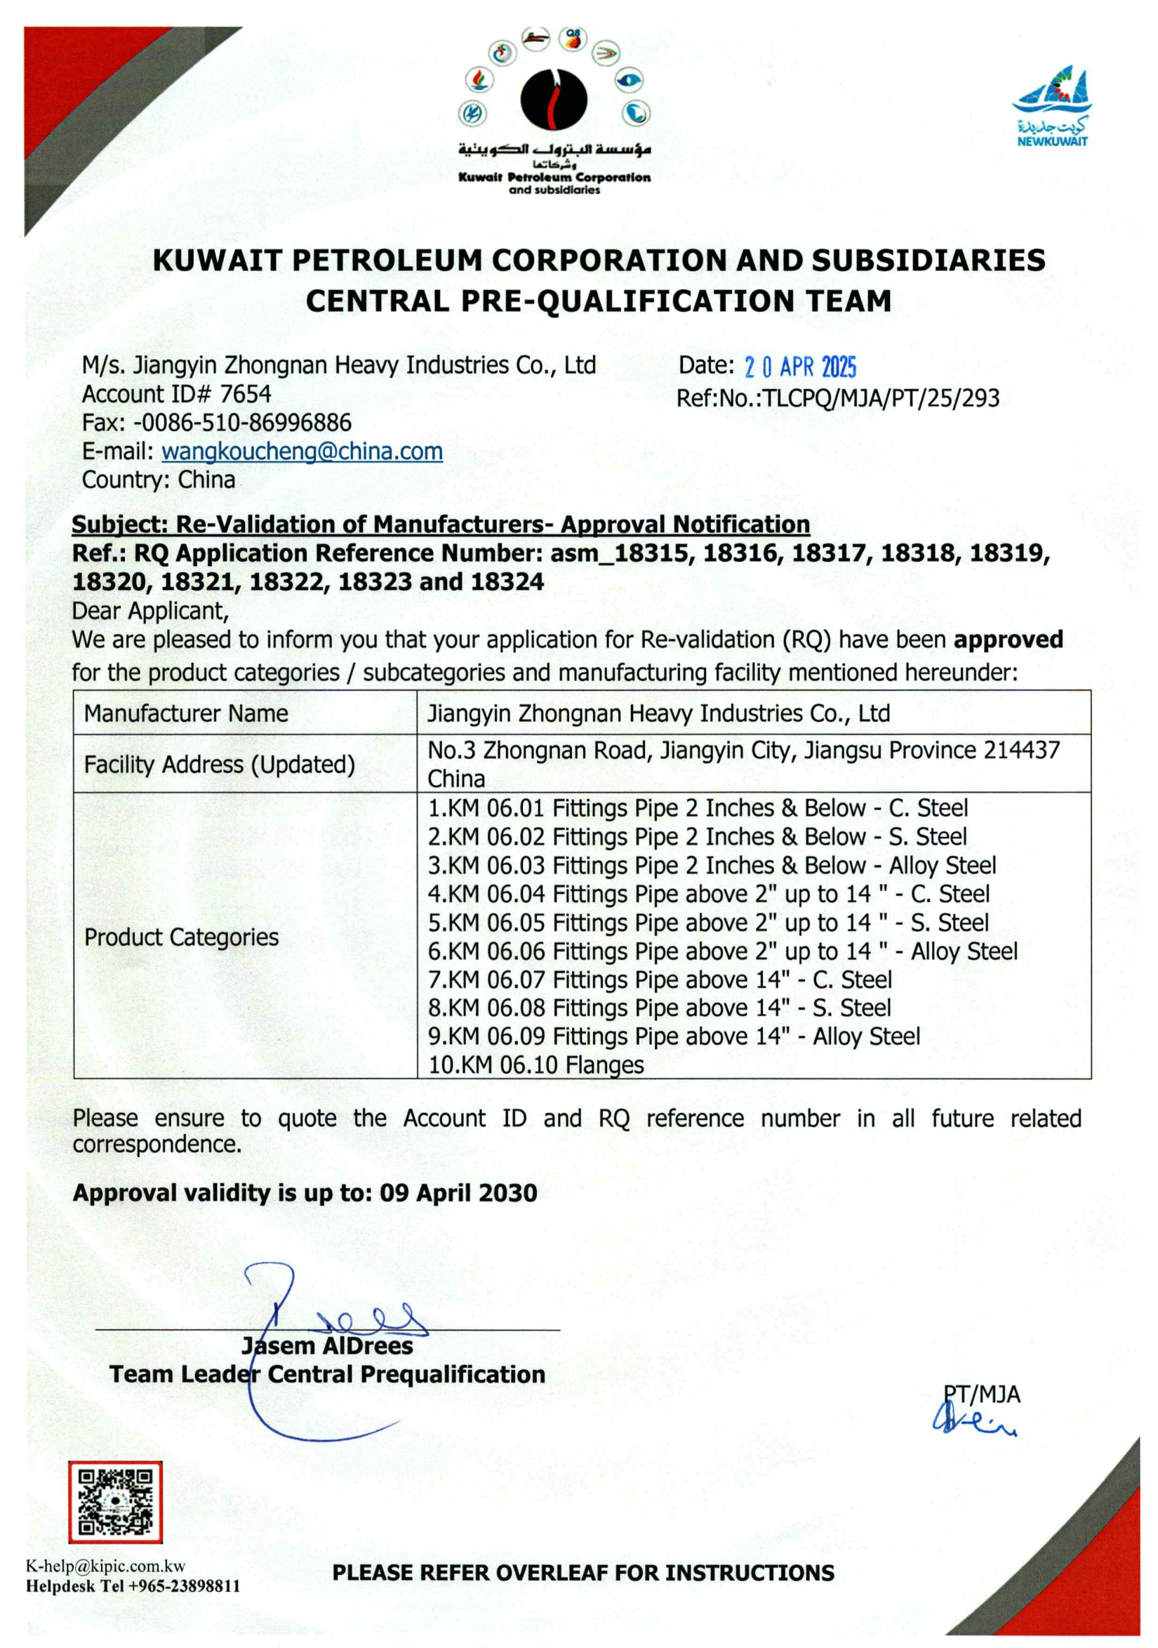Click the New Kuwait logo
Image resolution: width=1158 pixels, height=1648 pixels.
(x=1052, y=106)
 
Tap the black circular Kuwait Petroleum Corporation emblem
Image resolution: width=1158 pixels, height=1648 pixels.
(x=553, y=100)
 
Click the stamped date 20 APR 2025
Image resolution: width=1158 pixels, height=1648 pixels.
(x=800, y=367)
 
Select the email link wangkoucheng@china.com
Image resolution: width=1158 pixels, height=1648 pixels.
(x=302, y=451)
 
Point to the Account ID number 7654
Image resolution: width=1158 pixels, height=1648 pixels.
(x=246, y=394)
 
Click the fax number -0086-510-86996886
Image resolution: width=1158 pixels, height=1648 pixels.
(x=242, y=423)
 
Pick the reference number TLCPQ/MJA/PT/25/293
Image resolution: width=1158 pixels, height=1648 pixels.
(x=880, y=397)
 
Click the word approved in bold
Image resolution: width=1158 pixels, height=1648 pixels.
(x=1008, y=640)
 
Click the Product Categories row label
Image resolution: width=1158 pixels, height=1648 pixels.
(x=182, y=937)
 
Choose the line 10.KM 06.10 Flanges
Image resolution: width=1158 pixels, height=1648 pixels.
(x=535, y=1065)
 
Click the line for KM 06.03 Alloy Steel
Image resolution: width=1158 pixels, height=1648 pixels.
(x=711, y=866)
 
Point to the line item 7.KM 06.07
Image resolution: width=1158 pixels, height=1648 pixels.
(x=659, y=980)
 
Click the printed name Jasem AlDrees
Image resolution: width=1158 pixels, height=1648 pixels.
(x=327, y=1346)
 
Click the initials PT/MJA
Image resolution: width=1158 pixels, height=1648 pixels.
(x=980, y=1394)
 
